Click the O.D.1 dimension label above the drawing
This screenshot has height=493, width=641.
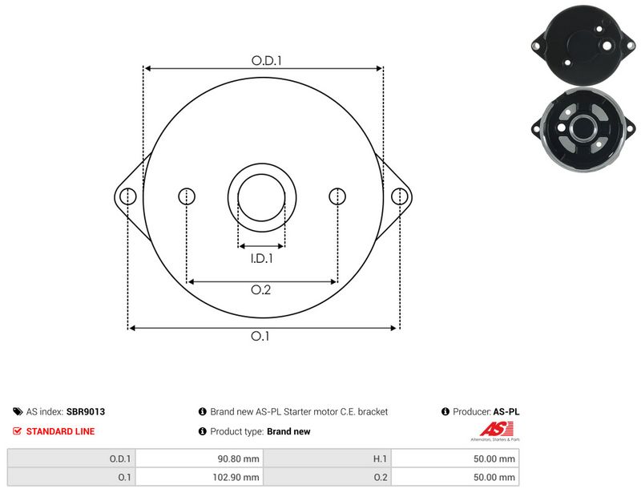pyautogui.click(x=267, y=61)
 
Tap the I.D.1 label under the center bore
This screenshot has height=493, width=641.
pyautogui.click(x=262, y=259)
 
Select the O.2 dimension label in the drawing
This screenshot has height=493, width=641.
pyautogui.click(x=261, y=290)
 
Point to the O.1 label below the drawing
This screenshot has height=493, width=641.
pyautogui.click(x=260, y=337)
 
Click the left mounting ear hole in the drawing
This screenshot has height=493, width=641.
pyautogui.click(x=128, y=196)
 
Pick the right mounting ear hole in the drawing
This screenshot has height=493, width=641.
pyautogui.click(x=399, y=196)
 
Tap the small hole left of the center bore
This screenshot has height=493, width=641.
pyautogui.click(x=187, y=196)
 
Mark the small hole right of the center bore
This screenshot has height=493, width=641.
pyautogui.click(x=337, y=196)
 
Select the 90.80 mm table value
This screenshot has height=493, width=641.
pyautogui.click(x=238, y=459)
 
